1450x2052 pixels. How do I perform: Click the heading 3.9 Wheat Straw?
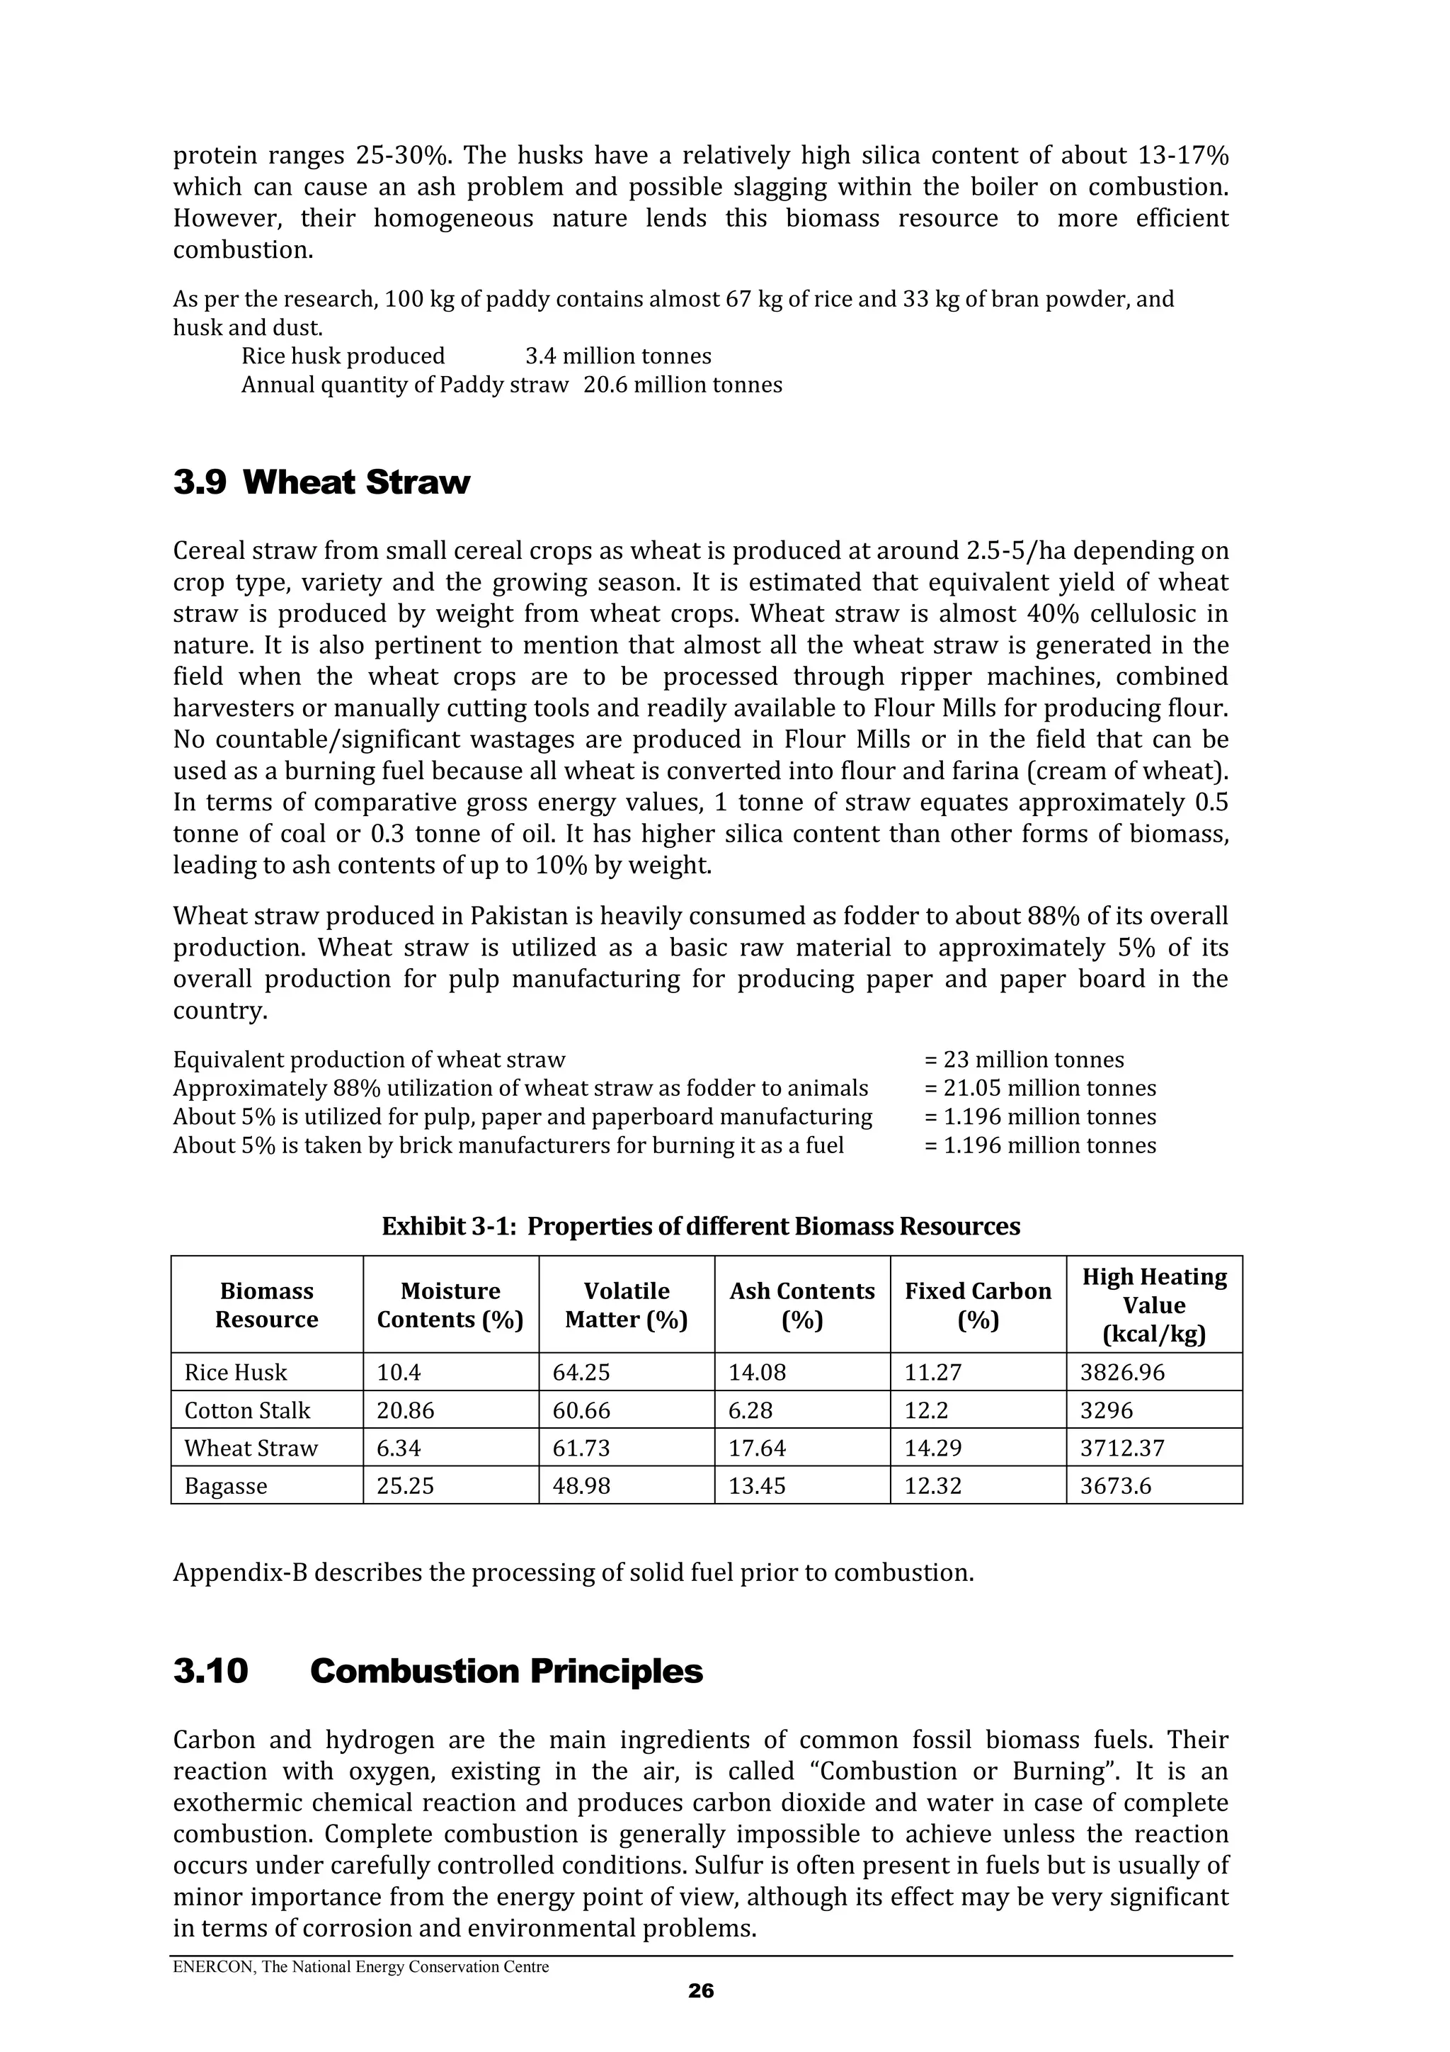point(321,482)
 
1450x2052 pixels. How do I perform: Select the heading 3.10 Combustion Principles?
point(438,1671)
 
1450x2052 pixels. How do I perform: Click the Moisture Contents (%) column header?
point(450,1305)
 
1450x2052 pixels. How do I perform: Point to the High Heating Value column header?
point(1154,1305)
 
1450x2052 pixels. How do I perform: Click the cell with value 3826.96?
point(1122,1373)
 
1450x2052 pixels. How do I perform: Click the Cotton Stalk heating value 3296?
point(1106,1410)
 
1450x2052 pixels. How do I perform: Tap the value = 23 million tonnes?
point(1024,1060)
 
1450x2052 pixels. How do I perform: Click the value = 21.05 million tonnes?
point(1040,1089)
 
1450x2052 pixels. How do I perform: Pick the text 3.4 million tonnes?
point(618,356)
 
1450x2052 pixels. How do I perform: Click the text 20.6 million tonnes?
point(683,385)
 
